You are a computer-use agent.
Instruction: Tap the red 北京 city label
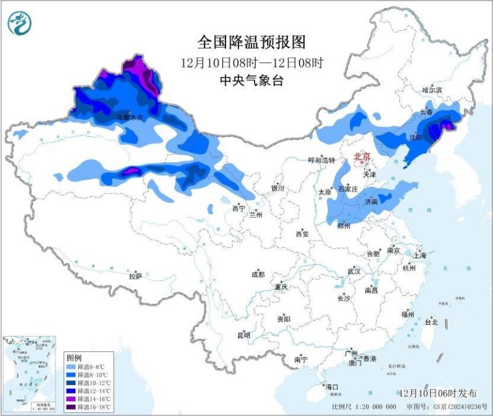[362, 157]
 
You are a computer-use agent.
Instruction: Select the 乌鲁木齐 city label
[129, 116]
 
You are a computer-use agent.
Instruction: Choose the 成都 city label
[257, 274]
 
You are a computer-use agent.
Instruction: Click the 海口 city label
[333, 387]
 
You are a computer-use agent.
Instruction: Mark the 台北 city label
[431, 322]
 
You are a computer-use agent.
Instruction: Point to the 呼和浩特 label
[321, 160]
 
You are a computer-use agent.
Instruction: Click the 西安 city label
[301, 234]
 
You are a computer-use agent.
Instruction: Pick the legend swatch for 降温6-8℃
[70, 367]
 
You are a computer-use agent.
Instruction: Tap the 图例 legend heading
[74, 358]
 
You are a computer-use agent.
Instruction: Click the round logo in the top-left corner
[19, 23]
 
